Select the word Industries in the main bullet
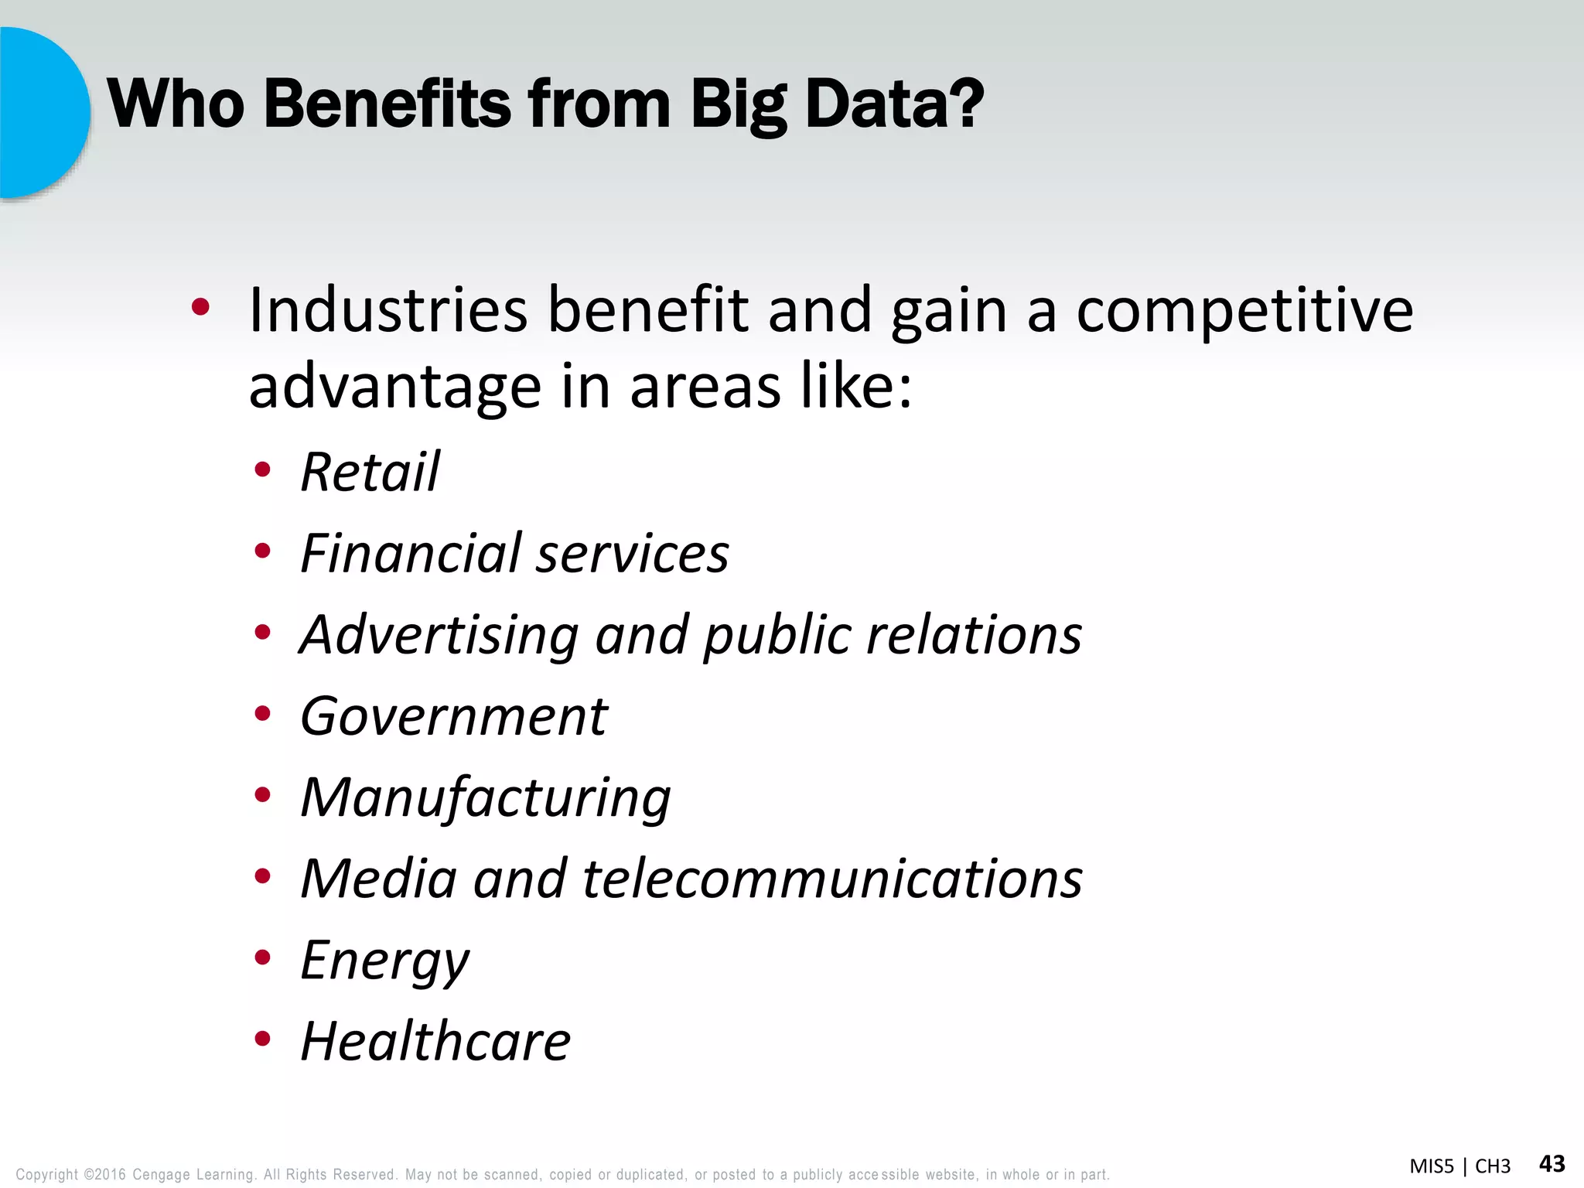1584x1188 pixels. point(387,310)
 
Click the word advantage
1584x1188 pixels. point(394,387)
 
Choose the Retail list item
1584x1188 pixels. point(370,472)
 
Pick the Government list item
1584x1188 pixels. point(454,716)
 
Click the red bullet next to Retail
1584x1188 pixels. point(263,469)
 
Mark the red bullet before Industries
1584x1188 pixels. point(200,308)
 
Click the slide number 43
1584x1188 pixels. point(1552,1163)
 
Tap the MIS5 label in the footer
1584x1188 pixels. point(1432,1166)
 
